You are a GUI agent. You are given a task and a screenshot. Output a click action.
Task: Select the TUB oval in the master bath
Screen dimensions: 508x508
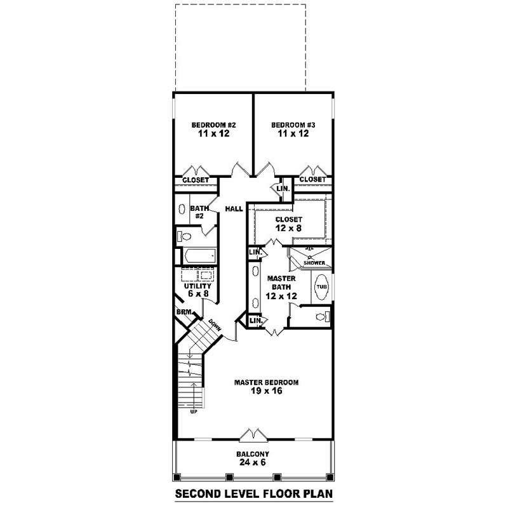click(321, 287)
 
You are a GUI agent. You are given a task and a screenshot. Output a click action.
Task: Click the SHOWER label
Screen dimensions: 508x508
click(313, 263)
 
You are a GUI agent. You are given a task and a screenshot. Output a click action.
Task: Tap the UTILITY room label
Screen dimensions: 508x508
click(197, 286)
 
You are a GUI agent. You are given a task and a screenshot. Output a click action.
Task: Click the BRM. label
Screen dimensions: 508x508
click(184, 312)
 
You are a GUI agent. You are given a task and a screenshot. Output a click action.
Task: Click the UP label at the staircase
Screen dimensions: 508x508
click(193, 412)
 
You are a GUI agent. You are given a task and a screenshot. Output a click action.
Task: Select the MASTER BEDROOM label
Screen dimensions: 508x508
click(266, 382)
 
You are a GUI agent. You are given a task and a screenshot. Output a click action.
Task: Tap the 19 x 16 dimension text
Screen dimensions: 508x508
click(267, 391)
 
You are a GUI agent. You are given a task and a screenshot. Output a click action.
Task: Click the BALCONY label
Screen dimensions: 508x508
click(253, 454)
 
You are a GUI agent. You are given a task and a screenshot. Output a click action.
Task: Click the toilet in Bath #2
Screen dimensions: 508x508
click(185, 237)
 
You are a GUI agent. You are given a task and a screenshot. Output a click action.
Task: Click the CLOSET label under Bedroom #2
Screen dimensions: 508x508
click(196, 180)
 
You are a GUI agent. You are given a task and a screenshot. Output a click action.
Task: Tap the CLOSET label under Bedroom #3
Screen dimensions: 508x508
click(312, 180)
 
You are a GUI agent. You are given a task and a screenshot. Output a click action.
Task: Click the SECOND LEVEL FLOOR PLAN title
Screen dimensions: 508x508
click(254, 493)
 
